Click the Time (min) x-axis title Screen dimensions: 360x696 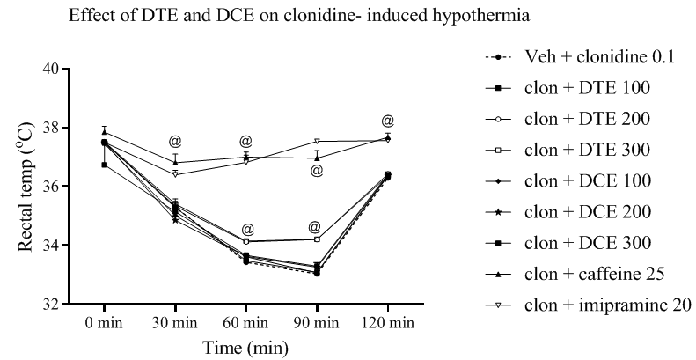coord(245,347)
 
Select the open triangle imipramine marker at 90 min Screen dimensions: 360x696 coord(317,141)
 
